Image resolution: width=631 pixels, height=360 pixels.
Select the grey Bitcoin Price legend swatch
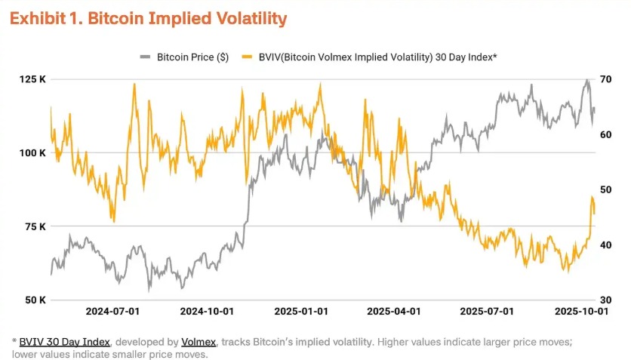tap(145, 57)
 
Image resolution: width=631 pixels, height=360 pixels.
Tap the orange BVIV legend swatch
tap(246, 57)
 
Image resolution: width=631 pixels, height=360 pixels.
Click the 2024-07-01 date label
tap(112, 311)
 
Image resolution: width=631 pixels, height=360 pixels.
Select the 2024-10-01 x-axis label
tap(207, 311)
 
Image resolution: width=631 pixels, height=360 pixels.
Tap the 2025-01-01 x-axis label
tap(301, 311)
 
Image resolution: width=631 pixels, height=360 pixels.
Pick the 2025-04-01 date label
tap(394, 311)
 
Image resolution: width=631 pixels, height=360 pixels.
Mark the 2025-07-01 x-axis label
tap(487, 311)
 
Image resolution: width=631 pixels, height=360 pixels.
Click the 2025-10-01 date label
tap(580, 311)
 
